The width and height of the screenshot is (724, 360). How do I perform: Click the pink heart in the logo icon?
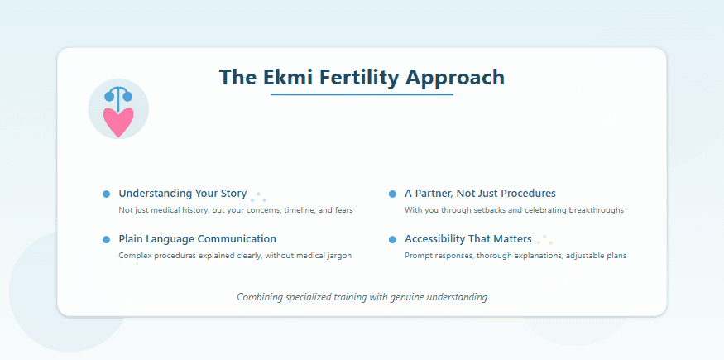pyautogui.click(x=118, y=122)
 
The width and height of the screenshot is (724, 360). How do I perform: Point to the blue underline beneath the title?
pyautogui.click(x=362, y=95)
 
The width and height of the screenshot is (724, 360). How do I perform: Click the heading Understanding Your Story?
pyautogui.click(x=182, y=194)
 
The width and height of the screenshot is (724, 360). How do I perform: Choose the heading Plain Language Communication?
pyautogui.click(x=197, y=239)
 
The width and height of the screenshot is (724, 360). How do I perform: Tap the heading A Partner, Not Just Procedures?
pyautogui.click(x=480, y=194)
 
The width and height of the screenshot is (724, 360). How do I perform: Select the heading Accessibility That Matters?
pyautogui.click(x=467, y=239)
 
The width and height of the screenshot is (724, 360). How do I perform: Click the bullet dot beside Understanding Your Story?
pyautogui.click(x=106, y=194)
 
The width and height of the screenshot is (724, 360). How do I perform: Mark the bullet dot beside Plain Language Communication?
pyautogui.click(x=106, y=239)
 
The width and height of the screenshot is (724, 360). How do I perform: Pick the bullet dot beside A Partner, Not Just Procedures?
pyautogui.click(x=392, y=194)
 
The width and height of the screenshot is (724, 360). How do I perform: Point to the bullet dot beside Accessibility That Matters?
pyautogui.click(x=392, y=239)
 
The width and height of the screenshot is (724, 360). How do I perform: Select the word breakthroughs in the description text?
pyautogui.click(x=596, y=210)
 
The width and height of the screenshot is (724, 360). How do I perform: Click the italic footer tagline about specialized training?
pyautogui.click(x=362, y=296)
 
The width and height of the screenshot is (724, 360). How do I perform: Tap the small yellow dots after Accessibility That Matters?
pyautogui.click(x=544, y=240)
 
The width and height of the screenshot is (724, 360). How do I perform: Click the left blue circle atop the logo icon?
pyautogui.click(x=109, y=96)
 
